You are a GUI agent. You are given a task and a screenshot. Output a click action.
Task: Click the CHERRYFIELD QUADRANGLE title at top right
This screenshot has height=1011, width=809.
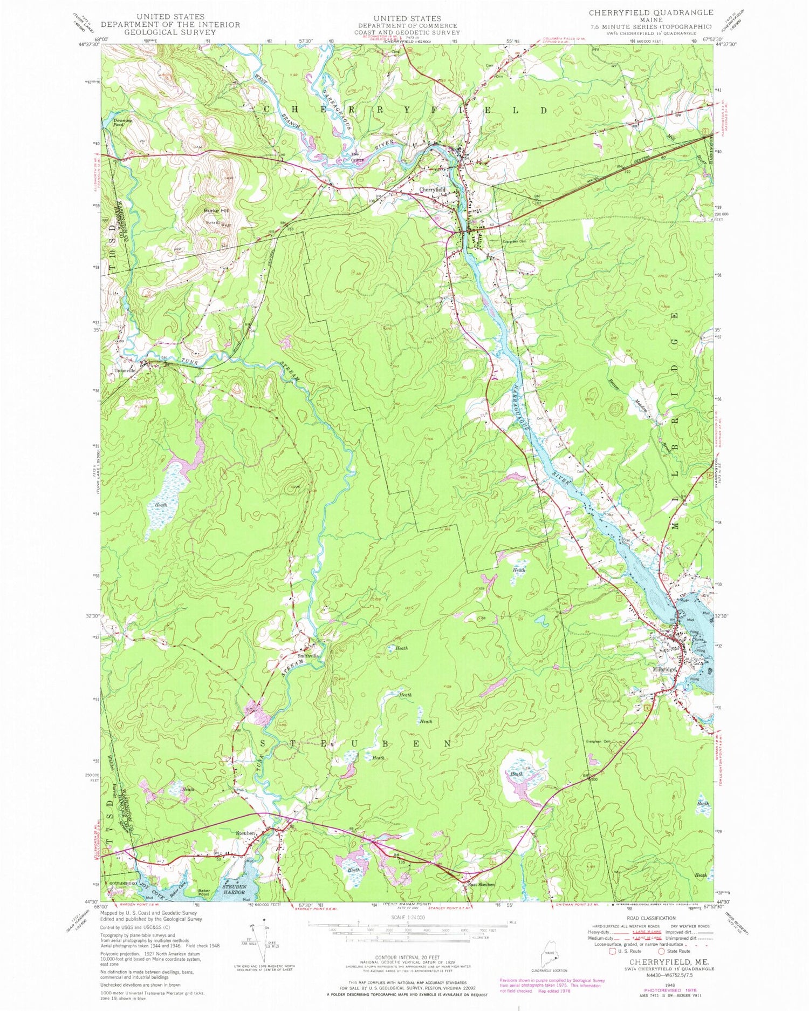(x=650, y=12)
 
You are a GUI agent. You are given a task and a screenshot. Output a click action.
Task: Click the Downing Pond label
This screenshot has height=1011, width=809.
(x=118, y=123)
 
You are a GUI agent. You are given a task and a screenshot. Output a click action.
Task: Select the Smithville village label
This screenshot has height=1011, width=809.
(x=308, y=655)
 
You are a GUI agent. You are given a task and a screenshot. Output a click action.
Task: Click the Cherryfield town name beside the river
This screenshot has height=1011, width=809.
(x=433, y=189)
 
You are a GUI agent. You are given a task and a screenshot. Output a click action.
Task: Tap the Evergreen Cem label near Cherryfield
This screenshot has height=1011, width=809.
(x=515, y=241)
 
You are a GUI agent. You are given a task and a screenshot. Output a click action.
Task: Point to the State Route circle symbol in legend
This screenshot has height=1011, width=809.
(x=654, y=951)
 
